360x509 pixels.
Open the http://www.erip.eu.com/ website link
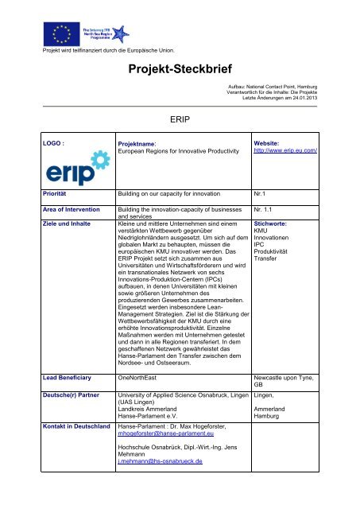point(285,150)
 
